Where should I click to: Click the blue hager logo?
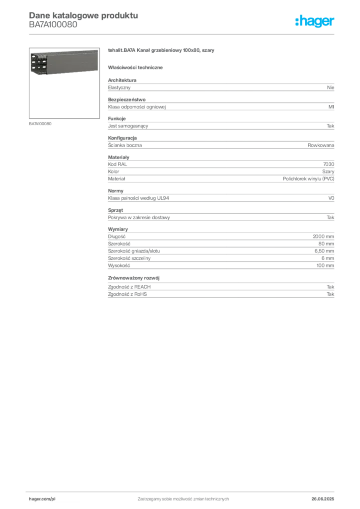point(315,22)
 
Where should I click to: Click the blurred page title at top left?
point(82,14)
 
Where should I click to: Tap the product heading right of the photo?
point(161,52)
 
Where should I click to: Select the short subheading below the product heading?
point(137,67)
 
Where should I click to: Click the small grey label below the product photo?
point(42,123)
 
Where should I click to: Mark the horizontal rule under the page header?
point(183,34)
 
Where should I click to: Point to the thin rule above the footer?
point(183,490)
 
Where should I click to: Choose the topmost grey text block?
point(220,86)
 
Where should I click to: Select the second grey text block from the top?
point(220,104)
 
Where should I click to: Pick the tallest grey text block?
point(220,249)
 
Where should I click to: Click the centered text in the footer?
point(183,497)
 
